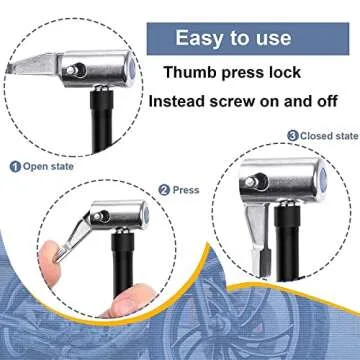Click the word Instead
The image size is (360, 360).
180,102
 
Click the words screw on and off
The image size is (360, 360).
290,102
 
